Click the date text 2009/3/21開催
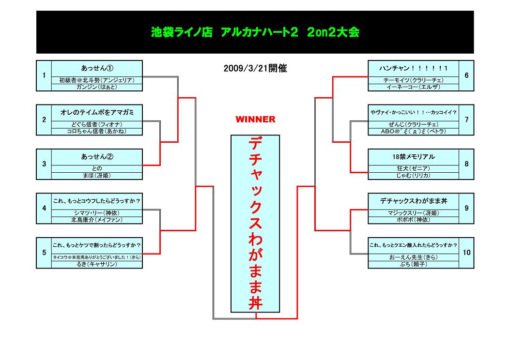255,69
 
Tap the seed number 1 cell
44,75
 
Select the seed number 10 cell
466,253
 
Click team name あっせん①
97,68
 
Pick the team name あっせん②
97,157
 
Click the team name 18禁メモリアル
413,157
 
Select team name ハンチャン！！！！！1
413,68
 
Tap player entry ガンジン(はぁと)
97,87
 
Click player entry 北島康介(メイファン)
97,220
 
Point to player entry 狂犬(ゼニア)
413,168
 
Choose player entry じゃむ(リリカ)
413,176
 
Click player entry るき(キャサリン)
97,264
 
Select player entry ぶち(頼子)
413,264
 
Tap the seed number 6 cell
466,75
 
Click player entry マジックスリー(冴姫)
413,212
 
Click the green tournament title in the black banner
255,32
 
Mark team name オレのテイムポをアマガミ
97,112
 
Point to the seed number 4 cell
44,208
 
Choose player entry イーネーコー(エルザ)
413,87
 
